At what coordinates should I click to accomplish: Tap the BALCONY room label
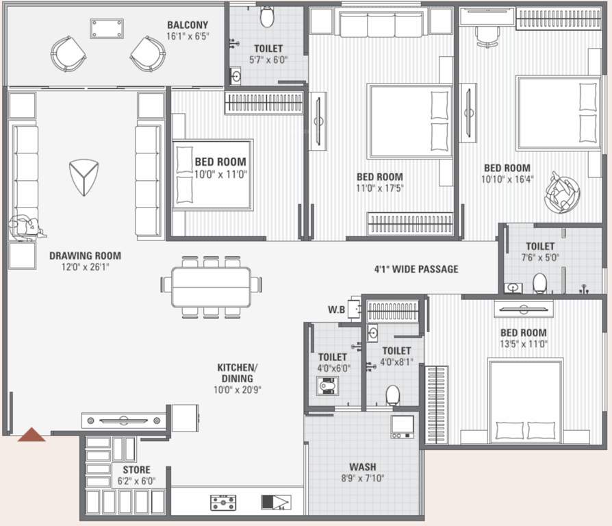click(x=188, y=26)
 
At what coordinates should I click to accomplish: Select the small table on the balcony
click(x=107, y=28)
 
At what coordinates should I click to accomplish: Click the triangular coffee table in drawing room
click(x=84, y=177)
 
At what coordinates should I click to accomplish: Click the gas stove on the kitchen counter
click(x=223, y=503)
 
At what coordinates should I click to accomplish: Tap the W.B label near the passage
click(x=335, y=310)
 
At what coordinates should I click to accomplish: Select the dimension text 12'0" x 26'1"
click(x=85, y=267)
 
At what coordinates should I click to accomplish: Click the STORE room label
click(x=136, y=470)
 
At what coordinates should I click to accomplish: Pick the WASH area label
click(x=362, y=467)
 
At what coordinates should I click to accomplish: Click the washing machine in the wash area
click(x=401, y=427)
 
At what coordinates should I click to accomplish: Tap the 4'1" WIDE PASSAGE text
click(x=416, y=269)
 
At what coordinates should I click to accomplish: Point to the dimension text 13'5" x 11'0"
click(x=523, y=345)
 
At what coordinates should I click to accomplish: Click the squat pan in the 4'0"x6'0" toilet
click(x=328, y=387)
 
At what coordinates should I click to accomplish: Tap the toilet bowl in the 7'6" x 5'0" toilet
click(x=540, y=283)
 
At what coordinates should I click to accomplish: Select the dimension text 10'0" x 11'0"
click(x=220, y=174)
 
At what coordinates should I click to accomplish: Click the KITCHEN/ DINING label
click(x=237, y=373)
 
